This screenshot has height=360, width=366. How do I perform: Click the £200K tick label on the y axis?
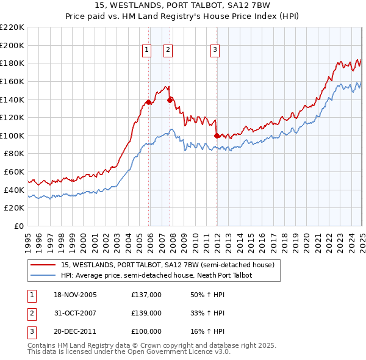tap(12, 45)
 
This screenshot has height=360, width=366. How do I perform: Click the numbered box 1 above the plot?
tap(148, 51)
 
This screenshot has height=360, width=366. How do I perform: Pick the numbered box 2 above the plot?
tap(168, 51)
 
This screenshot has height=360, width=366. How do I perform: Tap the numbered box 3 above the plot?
tap(215, 51)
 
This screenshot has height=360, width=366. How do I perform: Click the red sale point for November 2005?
tap(149, 102)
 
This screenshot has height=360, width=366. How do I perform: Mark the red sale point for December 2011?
tap(217, 135)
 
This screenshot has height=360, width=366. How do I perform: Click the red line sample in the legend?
tap(43, 265)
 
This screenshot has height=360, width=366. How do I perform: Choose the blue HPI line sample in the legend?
tap(43, 275)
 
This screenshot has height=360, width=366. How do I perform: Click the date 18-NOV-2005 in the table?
tap(75, 295)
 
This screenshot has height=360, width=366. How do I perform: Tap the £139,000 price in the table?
tap(146, 313)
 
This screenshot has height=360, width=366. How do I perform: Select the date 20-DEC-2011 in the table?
tap(75, 331)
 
